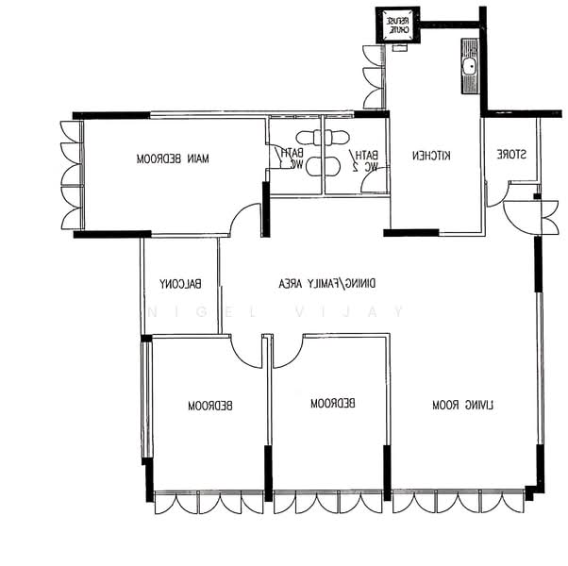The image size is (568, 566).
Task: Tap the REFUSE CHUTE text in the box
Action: tap(396, 25)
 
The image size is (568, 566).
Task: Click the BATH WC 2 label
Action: tap(365, 160)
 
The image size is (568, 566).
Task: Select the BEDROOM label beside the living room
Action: tap(332, 404)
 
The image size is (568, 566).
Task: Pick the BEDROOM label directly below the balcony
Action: tap(209, 407)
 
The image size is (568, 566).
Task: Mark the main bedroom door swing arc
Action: tap(244, 219)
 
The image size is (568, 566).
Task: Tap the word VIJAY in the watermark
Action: tap(373, 311)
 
